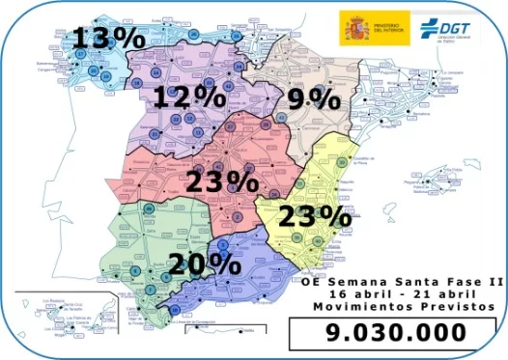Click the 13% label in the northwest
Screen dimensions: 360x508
coord(108,38)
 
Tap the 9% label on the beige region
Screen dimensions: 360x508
coord(314,97)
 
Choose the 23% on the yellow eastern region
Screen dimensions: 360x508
coord(312,215)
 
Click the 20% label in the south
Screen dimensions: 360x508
coord(203,263)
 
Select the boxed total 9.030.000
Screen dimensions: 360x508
coord(395,333)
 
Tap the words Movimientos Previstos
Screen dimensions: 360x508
coord(396,306)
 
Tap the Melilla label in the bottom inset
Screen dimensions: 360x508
coord(247,331)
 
